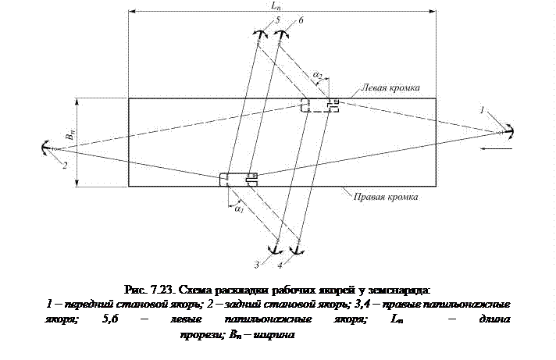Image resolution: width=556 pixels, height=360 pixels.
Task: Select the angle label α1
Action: click(x=239, y=209)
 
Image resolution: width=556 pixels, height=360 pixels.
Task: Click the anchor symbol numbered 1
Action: click(x=508, y=130)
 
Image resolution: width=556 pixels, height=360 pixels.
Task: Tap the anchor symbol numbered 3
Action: click(x=274, y=249)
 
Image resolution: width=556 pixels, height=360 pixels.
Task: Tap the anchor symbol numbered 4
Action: click(x=295, y=249)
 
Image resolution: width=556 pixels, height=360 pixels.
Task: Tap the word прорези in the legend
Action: click(x=198, y=334)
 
